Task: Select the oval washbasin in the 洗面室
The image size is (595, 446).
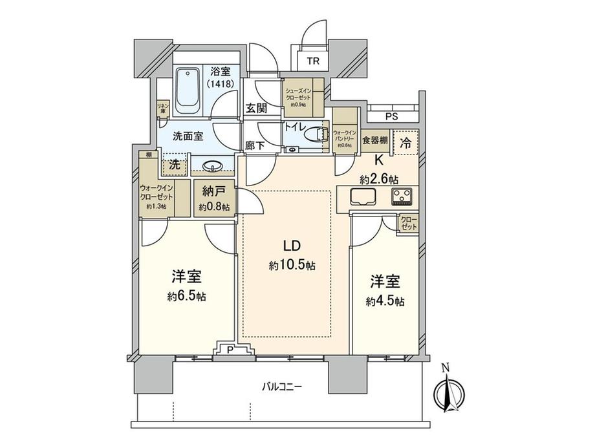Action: (211, 167)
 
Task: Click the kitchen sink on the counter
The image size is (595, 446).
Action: (361, 195)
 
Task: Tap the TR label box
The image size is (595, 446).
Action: (312, 61)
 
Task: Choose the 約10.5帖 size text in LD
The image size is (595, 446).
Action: (292, 265)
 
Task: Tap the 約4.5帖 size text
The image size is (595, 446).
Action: (385, 301)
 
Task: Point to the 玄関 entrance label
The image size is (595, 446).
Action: (257, 108)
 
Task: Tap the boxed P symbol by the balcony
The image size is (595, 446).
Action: (231, 350)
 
